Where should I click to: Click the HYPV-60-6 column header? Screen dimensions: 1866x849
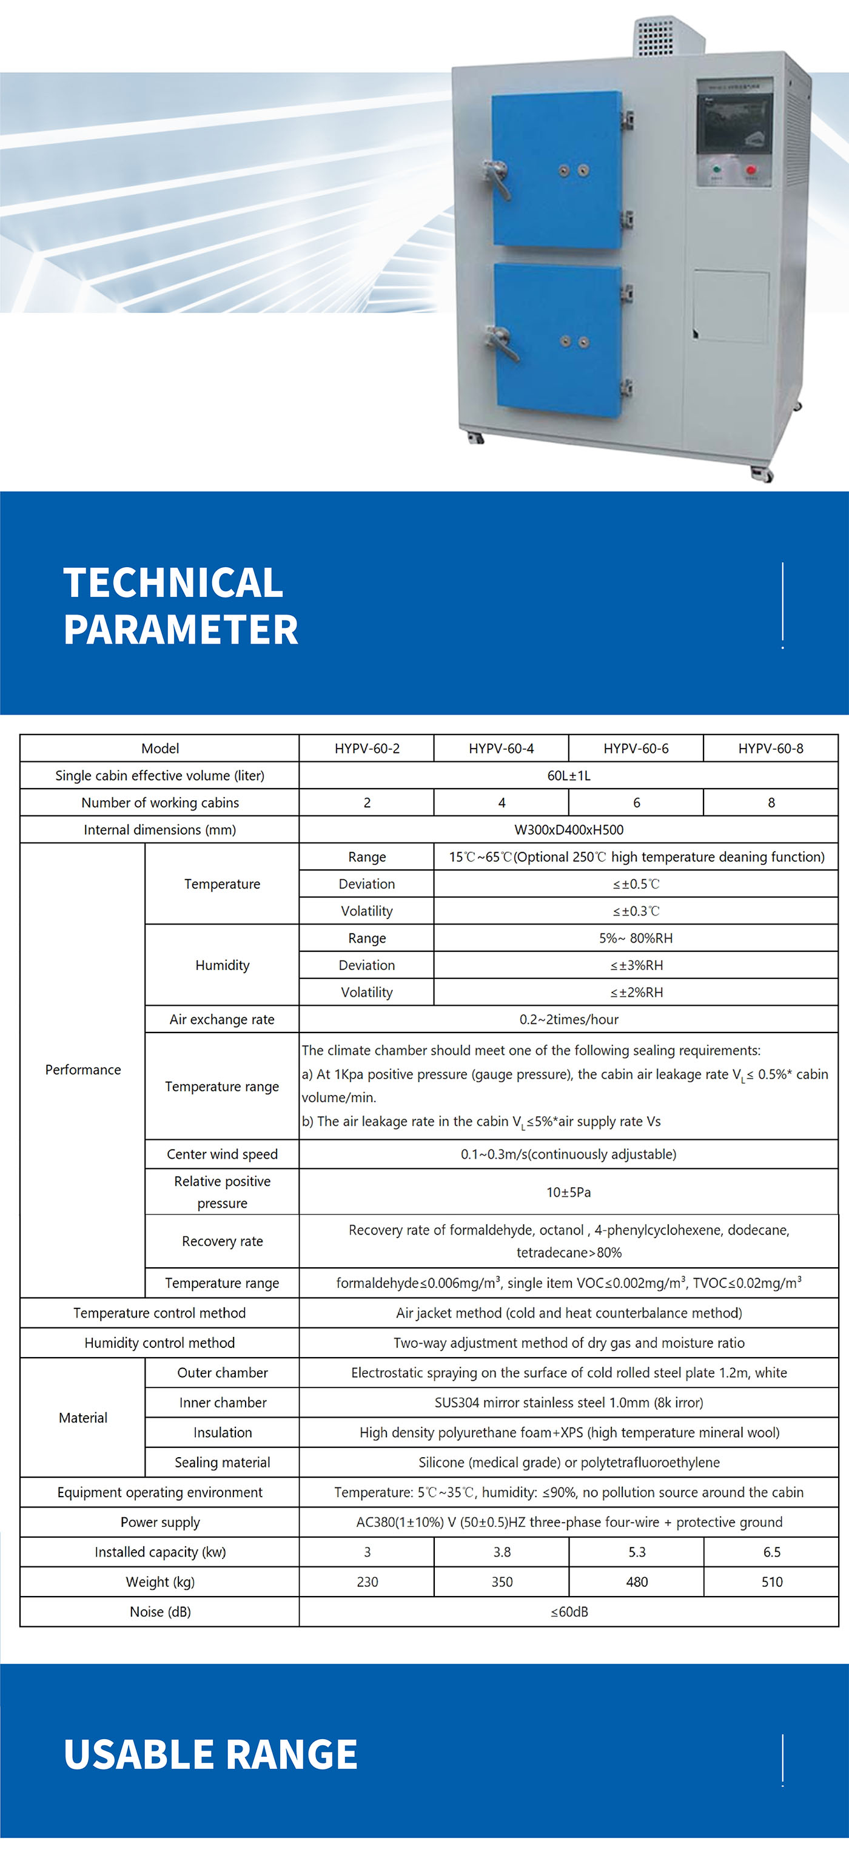coord(636,749)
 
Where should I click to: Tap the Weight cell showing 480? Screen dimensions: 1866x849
coord(637,1581)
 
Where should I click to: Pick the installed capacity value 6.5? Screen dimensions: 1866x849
coord(771,1552)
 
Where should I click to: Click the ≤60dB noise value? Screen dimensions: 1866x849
coord(569,1612)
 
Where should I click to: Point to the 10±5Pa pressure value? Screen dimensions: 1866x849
coord(569,1191)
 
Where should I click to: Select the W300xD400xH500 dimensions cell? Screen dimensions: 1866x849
coord(569,829)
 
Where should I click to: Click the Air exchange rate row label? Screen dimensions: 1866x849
coord(222,1019)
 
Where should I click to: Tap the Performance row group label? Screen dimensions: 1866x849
coord(82,1070)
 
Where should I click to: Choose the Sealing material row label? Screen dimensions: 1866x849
coord(222,1462)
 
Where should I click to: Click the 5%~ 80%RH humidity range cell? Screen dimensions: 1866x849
coord(636,938)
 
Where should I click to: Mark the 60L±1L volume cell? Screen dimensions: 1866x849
coord(569,775)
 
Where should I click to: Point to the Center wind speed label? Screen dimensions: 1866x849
coord(222,1154)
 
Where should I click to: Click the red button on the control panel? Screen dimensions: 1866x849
coord(751,171)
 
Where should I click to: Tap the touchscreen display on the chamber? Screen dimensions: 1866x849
coord(734,123)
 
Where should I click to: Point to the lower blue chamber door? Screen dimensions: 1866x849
coord(557,340)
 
